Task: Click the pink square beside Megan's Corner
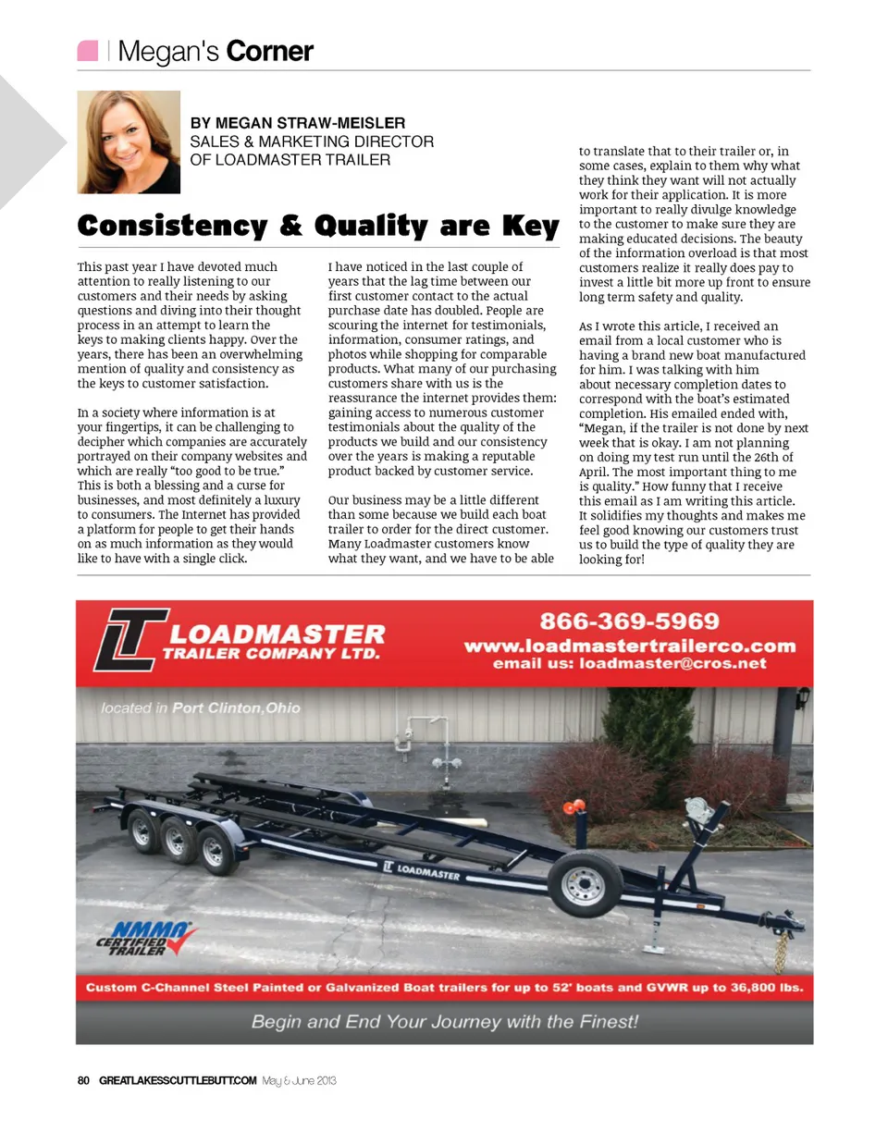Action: click(x=88, y=51)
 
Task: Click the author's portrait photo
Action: click(x=129, y=141)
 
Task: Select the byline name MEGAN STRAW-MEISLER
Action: click(x=297, y=123)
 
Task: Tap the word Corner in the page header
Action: click(x=269, y=52)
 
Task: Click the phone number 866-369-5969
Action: click(x=629, y=621)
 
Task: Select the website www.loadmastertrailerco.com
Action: click(x=629, y=646)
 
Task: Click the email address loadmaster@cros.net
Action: click(x=672, y=663)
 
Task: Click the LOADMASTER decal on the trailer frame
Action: click(x=421, y=870)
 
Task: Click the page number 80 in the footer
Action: click(x=82, y=1080)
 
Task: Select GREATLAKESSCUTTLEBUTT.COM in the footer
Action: click(x=177, y=1080)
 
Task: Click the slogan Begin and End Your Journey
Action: click(x=444, y=1022)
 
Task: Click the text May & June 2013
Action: click(x=299, y=1080)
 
